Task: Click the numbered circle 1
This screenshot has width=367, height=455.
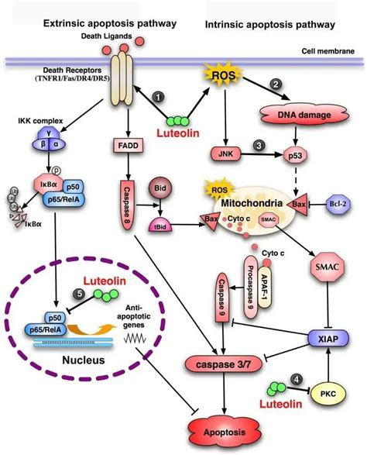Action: tap(158, 97)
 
